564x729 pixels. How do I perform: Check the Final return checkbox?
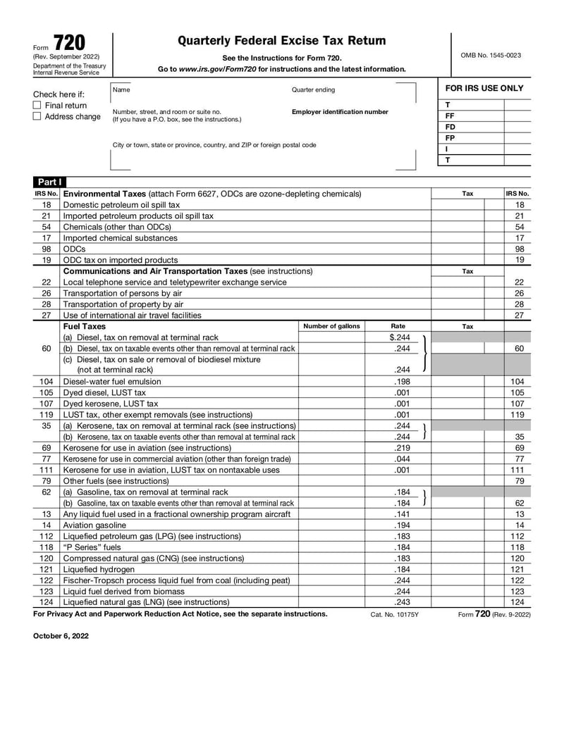coord(37,105)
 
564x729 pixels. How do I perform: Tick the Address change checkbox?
coord(37,117)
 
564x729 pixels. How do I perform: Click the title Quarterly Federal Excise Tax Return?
coord(281,41)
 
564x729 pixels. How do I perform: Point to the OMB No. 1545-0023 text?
coord(491,55)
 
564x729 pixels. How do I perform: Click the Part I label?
coord(49,181)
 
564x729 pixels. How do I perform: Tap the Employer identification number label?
coord(340,112)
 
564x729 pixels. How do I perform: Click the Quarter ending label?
coord(313,90)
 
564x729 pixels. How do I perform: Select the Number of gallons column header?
coord(331,326)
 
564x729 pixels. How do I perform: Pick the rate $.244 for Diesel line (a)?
coord(398,337)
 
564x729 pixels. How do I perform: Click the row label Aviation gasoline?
coord(94,525)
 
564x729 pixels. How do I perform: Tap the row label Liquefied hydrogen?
coord(99,569)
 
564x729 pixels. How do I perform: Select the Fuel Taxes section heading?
coord(85,326)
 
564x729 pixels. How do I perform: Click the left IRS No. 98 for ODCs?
coord(47,249)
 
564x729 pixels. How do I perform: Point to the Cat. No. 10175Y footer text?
coord(395,614)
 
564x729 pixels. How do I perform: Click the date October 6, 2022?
coord(61,635)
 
